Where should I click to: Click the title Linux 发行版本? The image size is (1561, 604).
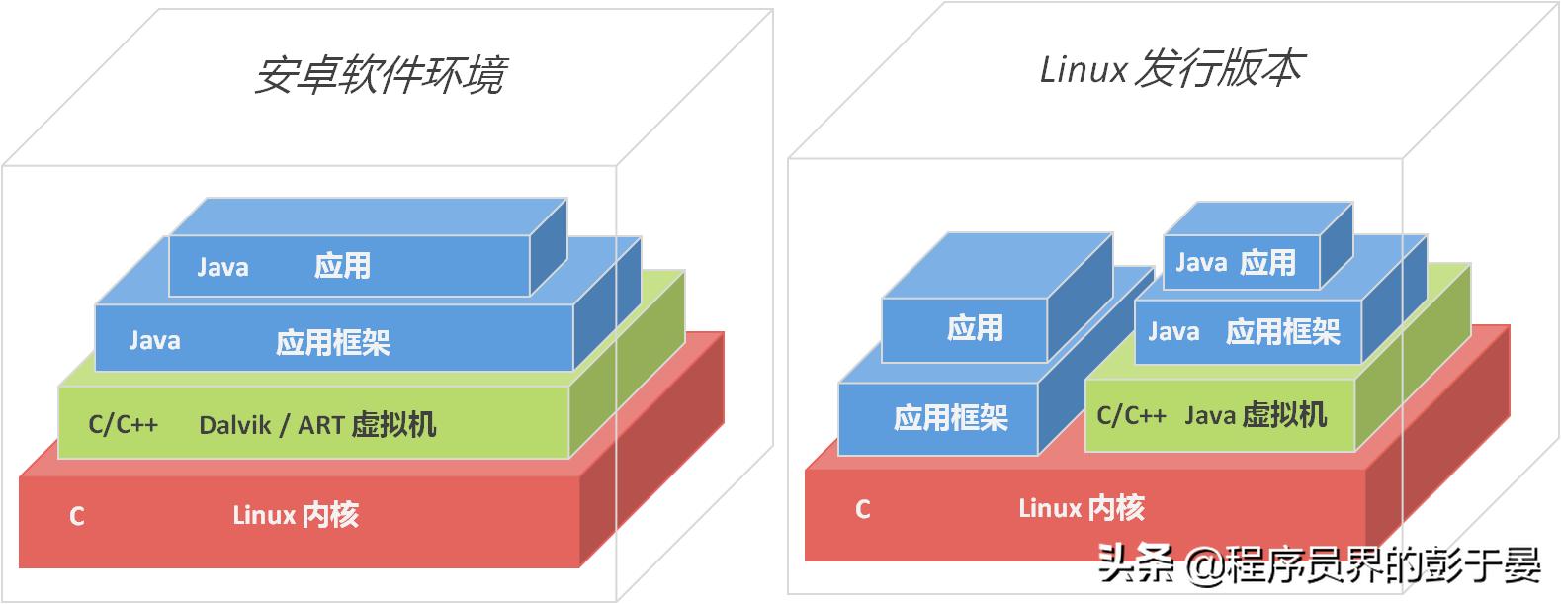coord(1171,69)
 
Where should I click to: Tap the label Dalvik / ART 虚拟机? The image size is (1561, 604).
coord(316,425)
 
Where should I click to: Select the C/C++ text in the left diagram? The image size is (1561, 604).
coord(123,425)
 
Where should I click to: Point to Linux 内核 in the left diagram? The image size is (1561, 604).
coord(295,515)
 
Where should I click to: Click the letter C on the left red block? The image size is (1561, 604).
coord(77,516)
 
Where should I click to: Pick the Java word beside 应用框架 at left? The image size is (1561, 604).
coord(154,341)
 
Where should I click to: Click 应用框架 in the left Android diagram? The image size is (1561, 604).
coord(332,343)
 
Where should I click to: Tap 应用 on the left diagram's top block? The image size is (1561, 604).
coord(342,266)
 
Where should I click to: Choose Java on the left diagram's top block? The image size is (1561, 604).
coord(222,267)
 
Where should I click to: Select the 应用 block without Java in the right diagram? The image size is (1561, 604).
coord(974,328)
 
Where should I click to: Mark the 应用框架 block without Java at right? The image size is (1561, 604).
coord(950,418)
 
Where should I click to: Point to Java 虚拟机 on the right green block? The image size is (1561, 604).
coord(1256,415)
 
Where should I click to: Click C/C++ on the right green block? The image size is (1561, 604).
coord(1131,415)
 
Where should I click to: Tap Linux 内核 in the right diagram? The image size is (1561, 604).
coord(1081,509)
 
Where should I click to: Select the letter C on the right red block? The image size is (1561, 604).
coord(863,510)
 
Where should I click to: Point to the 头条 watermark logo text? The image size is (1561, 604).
coord(1136,565)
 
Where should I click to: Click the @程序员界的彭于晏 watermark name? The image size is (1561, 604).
coord(1364,565)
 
